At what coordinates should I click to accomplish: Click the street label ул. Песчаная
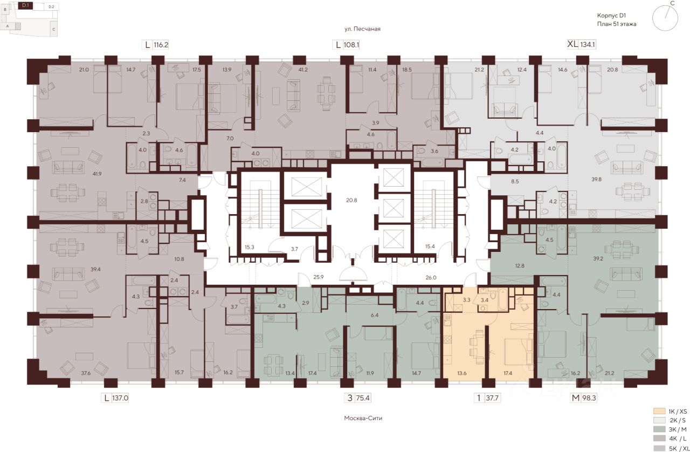[x=362, y=29]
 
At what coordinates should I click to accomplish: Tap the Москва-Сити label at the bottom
[x=363, y=418]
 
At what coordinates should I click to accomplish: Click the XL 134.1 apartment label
[x=581, y=44]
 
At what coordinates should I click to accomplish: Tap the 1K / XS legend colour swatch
[x=659, y=411]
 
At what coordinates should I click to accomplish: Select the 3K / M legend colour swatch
[x=659, y=429]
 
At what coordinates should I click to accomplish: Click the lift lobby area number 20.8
[x=351, y=200]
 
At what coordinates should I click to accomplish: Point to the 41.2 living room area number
[x=303, y=70]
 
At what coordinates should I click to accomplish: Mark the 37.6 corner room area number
[x=86, y=373]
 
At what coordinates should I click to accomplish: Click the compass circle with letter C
[x=665, y=18]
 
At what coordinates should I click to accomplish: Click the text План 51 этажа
[x=617, y=24]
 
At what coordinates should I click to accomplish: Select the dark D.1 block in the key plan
[x=25, y=5]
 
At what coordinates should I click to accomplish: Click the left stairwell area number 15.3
[x=250, y=247]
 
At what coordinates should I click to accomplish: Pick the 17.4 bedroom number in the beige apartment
[x=508, y=373]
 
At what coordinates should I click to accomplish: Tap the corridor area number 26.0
[x=431, y=277]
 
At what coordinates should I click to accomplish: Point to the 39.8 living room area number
[x=596, y=179]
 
